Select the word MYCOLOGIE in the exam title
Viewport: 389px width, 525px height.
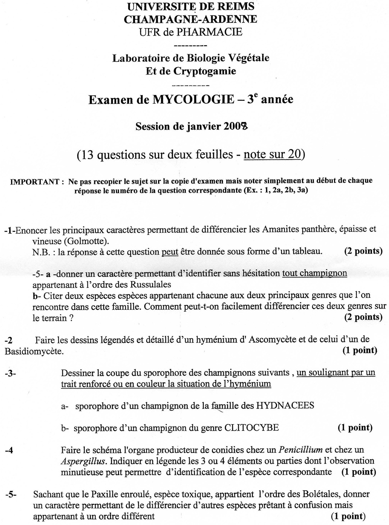point(193,100)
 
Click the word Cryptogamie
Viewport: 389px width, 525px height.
point(205,71)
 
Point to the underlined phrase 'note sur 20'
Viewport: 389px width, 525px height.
point(272,154)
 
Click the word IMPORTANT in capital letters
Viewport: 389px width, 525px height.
point(35,181)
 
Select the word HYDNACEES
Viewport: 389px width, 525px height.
point(285,405)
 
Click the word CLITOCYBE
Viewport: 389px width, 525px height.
point(251,428)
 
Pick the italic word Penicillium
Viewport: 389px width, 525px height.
point(300,450)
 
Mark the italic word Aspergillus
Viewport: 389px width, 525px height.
point(83,461)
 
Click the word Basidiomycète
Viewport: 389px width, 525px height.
point(34,351)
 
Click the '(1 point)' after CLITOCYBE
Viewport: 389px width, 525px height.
point(355,428)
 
